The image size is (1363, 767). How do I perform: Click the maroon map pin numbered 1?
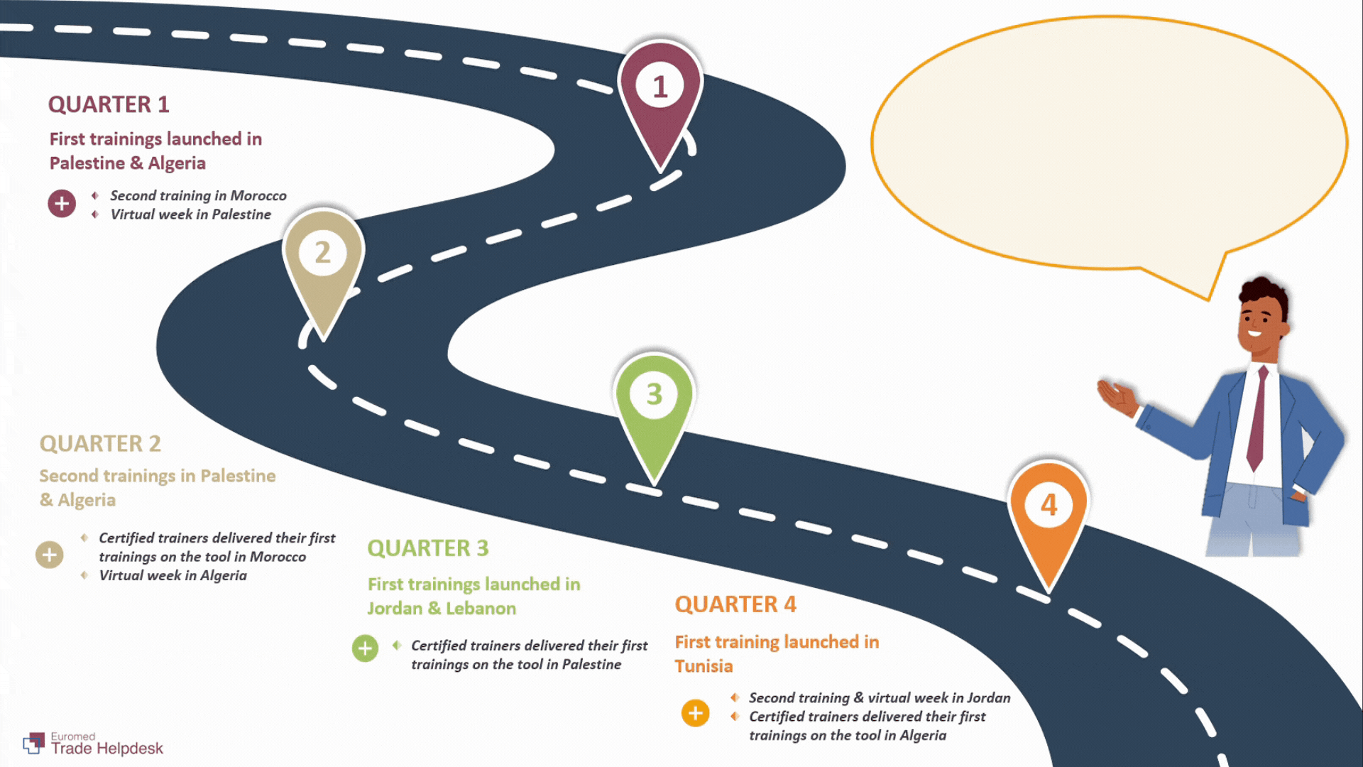pos(660,99)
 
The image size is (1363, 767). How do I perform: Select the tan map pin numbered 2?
pos(323,266)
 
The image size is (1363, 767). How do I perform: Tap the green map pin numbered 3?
pos(654,408)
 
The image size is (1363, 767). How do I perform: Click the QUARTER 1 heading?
pos(109,104)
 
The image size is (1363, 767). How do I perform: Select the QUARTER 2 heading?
pos(100,444)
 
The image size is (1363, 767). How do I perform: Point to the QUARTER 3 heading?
pos(428,548)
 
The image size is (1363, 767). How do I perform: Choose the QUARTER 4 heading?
pos(735,604)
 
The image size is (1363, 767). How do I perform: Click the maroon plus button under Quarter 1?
pos(62,204)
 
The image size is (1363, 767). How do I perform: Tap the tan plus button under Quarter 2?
pos(50,555)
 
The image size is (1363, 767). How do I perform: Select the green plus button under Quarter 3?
pos(365,648)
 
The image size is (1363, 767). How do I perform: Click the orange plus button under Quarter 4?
pos(696,713)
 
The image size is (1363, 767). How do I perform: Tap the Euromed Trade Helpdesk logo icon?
pos(33,743)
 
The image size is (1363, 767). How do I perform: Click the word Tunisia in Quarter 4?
pos(704,666)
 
